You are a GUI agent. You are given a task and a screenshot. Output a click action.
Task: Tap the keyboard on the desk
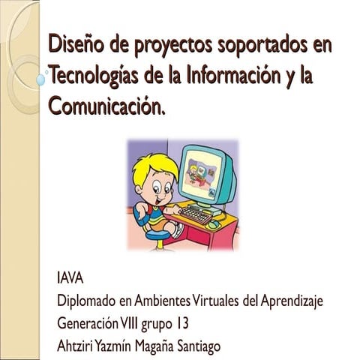click(x=194, y=216)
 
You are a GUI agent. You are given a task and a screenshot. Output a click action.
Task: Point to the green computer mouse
click(x=214, y=223)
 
